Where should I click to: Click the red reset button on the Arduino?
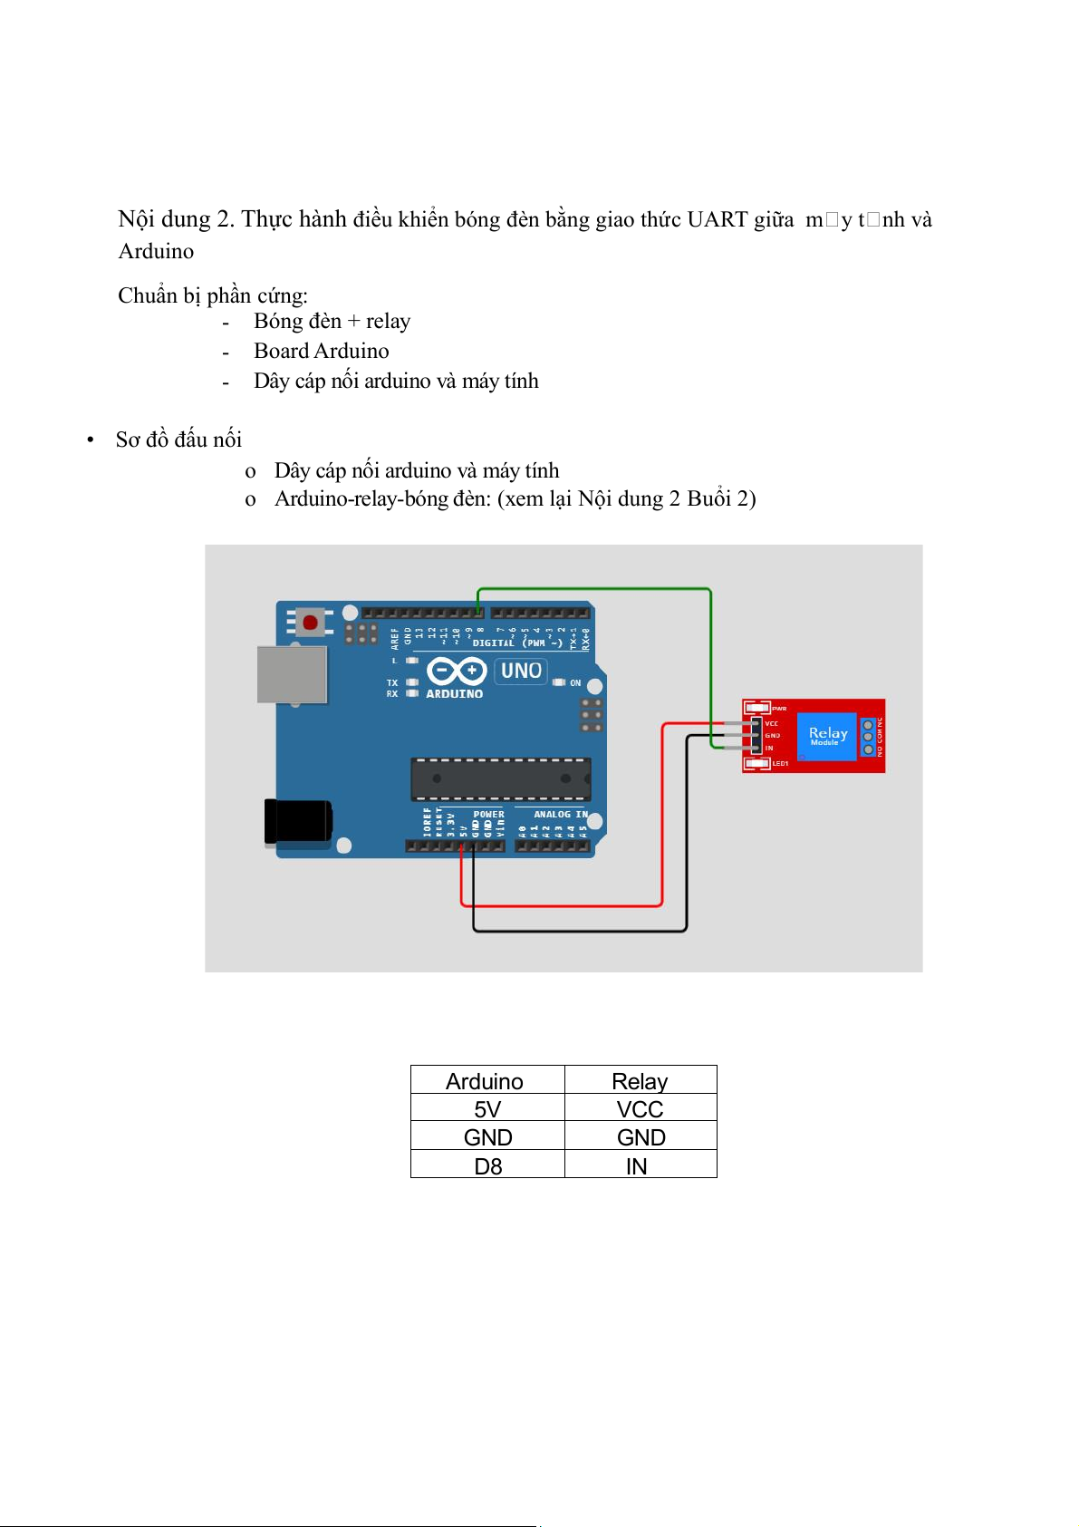coord(310,623)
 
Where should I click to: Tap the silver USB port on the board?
coord(292,675)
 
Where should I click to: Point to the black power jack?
coord(298,821)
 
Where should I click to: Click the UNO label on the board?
coord(521,671)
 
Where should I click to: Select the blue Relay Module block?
coord(826,736)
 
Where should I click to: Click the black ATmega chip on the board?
coord(500,778)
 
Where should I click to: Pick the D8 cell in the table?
coord(487,1165)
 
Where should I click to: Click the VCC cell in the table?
coord(640,1109)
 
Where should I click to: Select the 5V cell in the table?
coord(487,1109)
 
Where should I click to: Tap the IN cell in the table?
coord(637,1165)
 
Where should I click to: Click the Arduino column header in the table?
coord(485,1081)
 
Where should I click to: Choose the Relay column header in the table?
coord(640,1081)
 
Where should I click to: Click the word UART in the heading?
coord(718,220)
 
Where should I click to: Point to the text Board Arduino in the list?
coord(322,352)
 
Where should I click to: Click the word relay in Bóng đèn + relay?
coord(389,322)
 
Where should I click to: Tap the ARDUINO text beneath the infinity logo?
coord(454,694)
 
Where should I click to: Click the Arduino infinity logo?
coord(457,672)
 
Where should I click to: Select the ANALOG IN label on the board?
coord(560,815)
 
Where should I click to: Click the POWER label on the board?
coord(488,815)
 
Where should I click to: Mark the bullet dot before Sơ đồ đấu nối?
coord(91,440)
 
